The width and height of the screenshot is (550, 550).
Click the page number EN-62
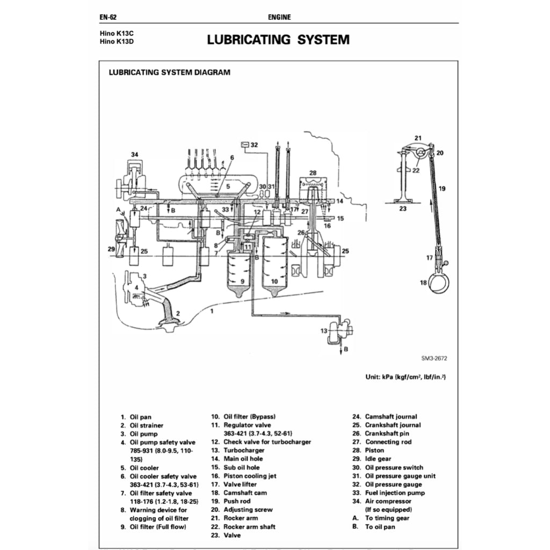click(108, 17)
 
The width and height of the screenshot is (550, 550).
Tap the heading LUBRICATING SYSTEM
click(278, 40)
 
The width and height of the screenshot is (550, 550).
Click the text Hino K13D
click(115, 42)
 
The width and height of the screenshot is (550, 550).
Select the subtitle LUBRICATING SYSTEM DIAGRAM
click(169, 72)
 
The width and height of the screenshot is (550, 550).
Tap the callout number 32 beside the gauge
click(254, 145)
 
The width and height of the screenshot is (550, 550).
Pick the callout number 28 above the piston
click(313, 172)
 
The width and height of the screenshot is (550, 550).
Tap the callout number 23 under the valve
click(403, 209)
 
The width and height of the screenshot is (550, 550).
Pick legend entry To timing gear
click(387, 518)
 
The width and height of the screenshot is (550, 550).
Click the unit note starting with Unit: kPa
click(406, 377)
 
